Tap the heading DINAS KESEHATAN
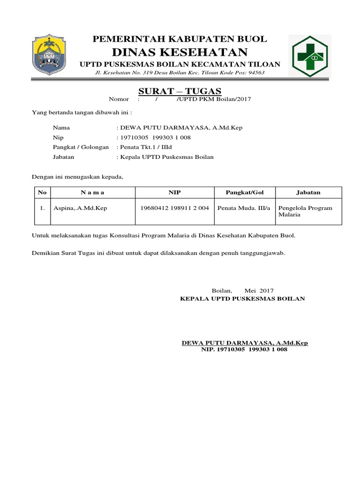180,52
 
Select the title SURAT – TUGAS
180,91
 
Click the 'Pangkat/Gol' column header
244,193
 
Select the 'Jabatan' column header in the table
308,193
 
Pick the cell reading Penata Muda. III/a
244,208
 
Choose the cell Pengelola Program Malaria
305,211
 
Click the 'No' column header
42,193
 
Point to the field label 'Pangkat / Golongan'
81,147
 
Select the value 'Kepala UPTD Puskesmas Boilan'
166,157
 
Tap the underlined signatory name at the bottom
245,343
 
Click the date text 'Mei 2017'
259,291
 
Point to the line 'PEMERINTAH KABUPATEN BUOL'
180,39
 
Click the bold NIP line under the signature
244,350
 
